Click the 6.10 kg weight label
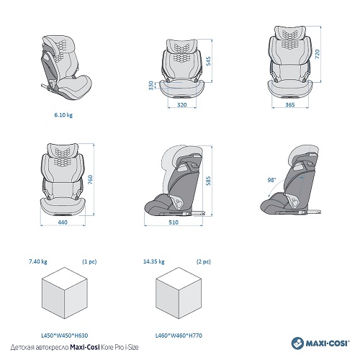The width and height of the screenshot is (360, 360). [x=63, y=115]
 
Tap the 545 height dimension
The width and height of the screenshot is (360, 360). [x=208, y=61]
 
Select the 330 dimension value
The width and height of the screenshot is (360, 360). [x=151, y=86]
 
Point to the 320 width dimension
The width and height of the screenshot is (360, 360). [x=182, y=105]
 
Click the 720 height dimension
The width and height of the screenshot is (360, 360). [x=317, y=54]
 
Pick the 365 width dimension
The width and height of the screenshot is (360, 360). [x=290, y=105]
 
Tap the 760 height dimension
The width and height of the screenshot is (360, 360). [x=90, y=180]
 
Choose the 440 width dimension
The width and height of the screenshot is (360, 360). [x=63, y=222]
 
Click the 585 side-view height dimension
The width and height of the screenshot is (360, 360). [x=208, y=181]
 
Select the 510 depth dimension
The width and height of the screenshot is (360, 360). [x=174, y=222]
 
